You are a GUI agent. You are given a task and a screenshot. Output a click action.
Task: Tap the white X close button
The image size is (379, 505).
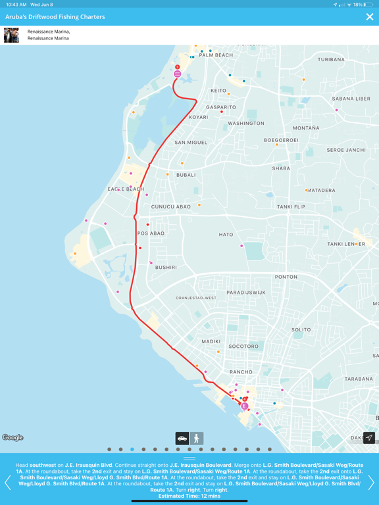(369, 17)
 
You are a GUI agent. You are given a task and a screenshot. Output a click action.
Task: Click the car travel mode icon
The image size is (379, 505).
(182, 438)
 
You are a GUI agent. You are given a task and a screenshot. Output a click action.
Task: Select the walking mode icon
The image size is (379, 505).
(197, 438)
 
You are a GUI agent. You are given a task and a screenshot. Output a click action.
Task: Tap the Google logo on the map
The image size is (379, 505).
(13, 437)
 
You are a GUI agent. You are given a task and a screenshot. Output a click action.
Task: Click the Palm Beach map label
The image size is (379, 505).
(216, 55)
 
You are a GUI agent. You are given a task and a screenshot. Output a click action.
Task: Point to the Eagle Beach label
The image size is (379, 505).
(126, 189)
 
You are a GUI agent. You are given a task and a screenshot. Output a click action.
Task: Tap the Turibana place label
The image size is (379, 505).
(331, 60)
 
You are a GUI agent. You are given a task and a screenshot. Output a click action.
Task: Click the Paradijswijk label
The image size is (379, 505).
(246, 292)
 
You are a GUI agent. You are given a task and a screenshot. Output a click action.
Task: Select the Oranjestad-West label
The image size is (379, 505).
(196, 298)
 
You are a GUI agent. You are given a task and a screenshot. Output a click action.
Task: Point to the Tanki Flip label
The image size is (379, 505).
(291, 206)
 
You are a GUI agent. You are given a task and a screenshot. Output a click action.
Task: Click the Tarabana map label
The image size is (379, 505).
(359, 379)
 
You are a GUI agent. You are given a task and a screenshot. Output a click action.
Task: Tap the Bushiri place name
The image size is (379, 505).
(166, 268)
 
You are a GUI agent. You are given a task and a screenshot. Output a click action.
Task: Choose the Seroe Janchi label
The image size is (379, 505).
(346, 150)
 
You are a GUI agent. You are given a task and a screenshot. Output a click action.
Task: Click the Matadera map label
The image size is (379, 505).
(321, 191)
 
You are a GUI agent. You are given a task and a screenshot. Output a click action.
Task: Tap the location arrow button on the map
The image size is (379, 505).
(369, 438)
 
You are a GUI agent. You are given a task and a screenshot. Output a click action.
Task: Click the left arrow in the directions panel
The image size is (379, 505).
(8, 482)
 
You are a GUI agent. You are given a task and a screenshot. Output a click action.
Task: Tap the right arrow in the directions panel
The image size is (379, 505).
(371, 482)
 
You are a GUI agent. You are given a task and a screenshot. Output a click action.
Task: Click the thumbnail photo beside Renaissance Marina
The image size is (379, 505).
(11, 35)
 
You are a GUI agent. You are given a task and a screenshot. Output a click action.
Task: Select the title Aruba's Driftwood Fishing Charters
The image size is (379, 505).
(55, 17)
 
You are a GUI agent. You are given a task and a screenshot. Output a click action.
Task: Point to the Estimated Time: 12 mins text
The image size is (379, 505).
(189, 496)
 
